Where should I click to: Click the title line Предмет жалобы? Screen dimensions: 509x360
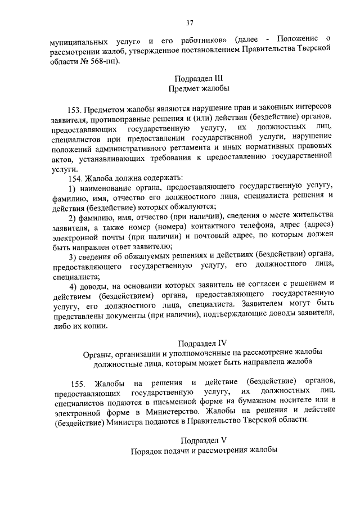pyautogui.click(x=198, y=88)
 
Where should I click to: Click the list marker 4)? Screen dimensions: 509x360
pyautogui.click(x=72, y=286)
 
